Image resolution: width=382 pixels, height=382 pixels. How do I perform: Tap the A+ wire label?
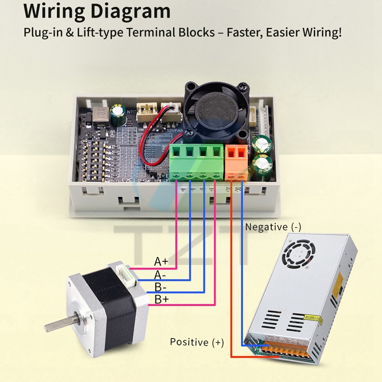point(161,262)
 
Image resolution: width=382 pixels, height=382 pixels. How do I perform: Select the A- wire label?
point(160,275)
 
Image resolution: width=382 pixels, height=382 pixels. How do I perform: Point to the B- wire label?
point(160,287)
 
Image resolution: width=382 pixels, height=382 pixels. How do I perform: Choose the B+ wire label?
point(161,300)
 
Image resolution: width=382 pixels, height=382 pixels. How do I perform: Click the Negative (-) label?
point(273,227)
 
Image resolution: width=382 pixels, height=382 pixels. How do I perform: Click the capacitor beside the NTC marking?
point(117,113)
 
